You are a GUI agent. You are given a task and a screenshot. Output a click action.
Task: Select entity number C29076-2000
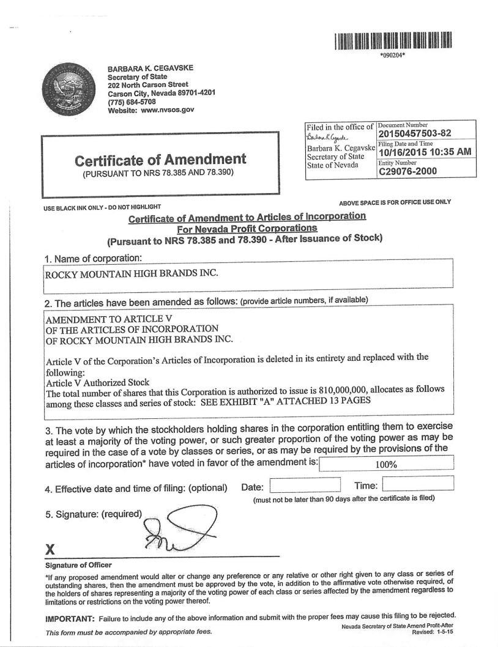click(407, 171)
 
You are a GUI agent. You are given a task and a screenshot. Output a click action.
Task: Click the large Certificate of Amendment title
click(160, 160)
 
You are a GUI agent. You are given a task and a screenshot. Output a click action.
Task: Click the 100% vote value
click(386, 464)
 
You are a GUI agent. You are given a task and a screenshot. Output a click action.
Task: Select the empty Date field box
click(305, 485)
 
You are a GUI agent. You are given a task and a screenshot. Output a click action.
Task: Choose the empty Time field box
click(418, 484)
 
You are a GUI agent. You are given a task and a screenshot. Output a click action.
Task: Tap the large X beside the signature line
click(51, 549)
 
